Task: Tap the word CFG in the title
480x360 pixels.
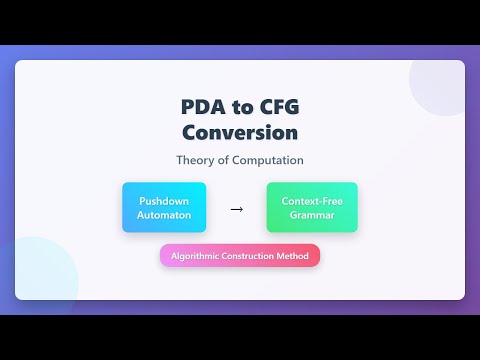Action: pos(274,107)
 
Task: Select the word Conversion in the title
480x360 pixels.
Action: pos(240,132)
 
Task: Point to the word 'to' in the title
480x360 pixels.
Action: pos(240,107)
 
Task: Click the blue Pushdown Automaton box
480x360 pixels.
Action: pos(164,207)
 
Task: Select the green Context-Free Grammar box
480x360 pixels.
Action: pos(312,207)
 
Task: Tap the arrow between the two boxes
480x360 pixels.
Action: pos(237,209)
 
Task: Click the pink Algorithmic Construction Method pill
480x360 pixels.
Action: pos(240,256)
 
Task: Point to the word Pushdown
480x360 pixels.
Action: pos(164,200)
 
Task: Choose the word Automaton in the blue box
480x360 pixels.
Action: pos(164,214)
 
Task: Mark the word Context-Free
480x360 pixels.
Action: pos(312,200)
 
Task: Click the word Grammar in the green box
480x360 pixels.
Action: pos(312,214)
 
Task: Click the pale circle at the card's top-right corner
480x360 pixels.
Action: pos(440,85)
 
